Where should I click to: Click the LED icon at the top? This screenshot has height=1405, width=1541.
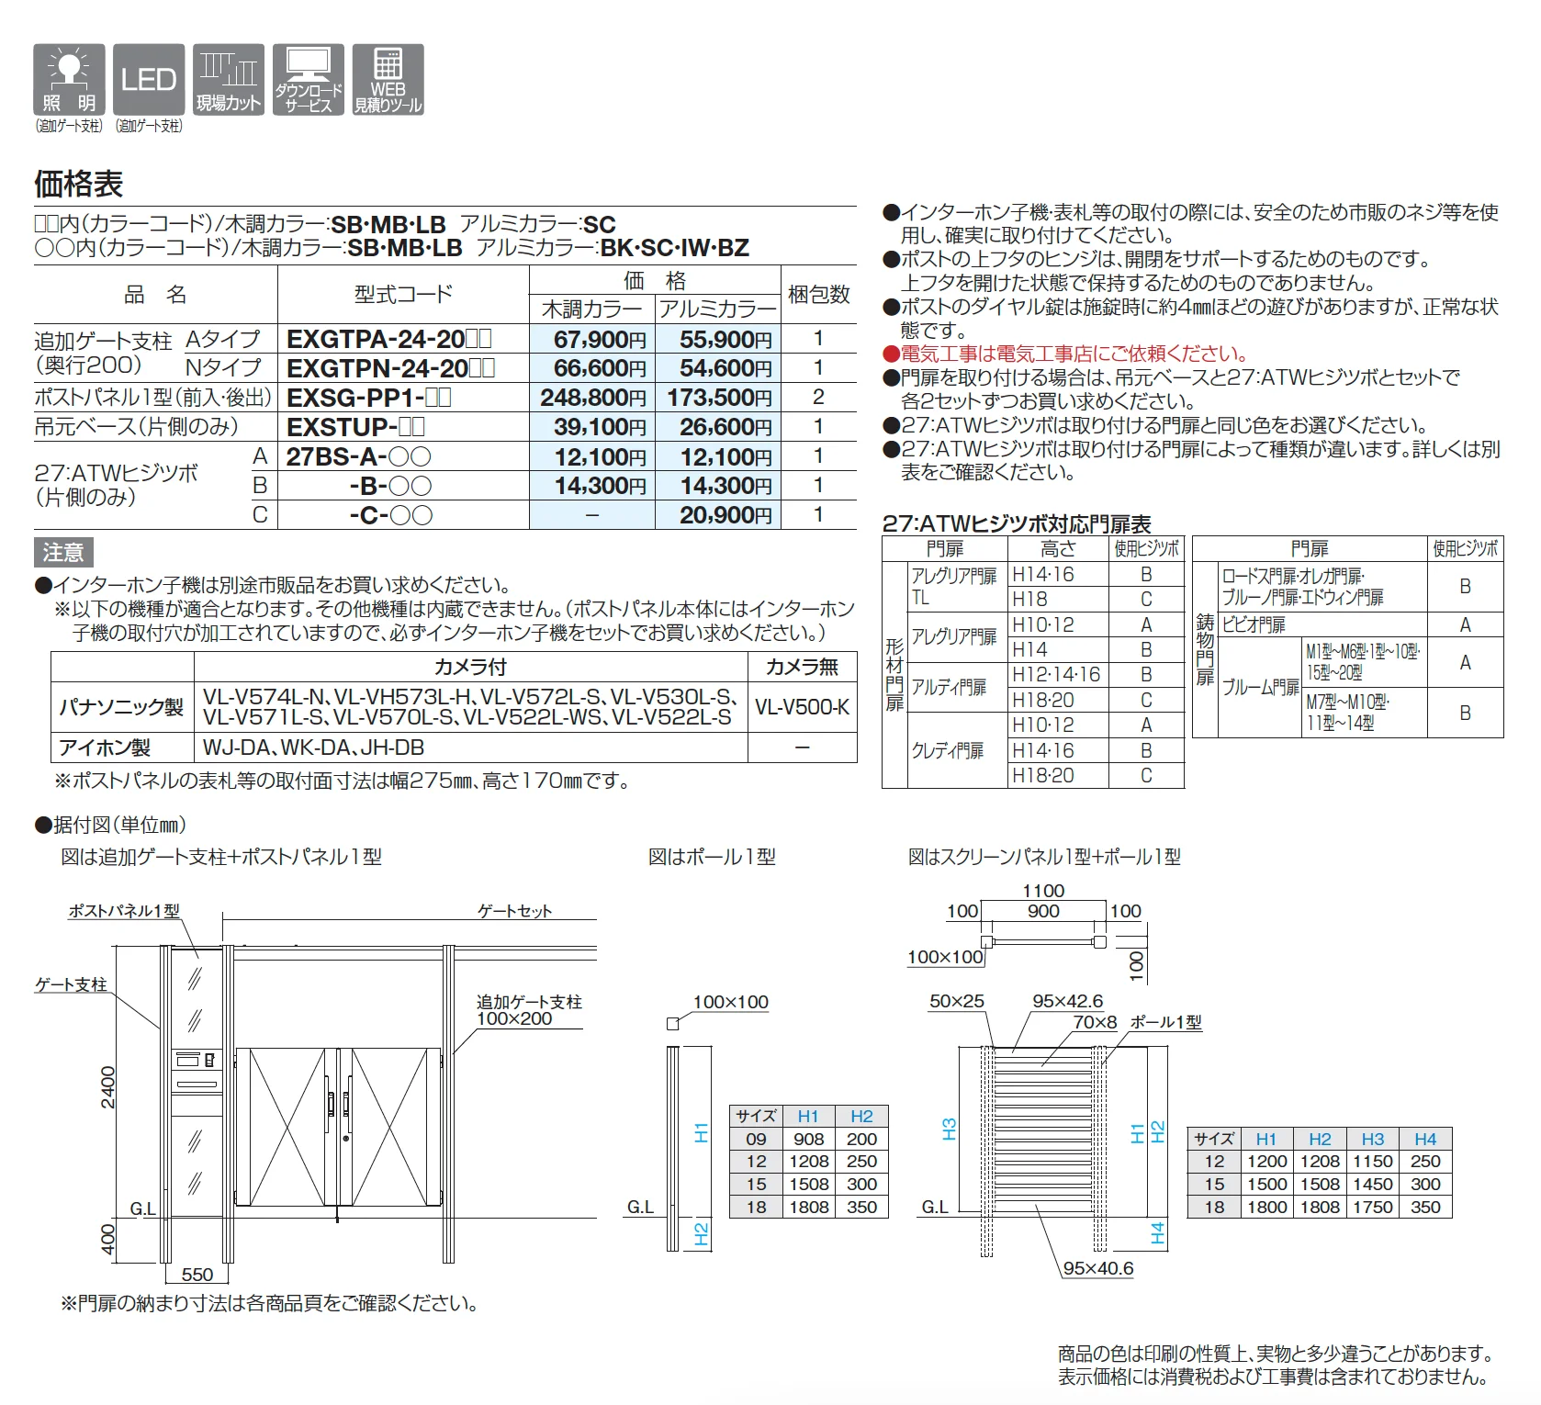tap(149, 80)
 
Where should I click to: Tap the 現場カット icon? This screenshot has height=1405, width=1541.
tap(229, 80)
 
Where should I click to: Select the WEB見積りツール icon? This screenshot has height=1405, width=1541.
tap(388, 80)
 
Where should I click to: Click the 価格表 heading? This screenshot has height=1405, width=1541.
tap(79, 184)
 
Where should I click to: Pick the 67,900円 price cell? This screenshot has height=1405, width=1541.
tap(599, 340)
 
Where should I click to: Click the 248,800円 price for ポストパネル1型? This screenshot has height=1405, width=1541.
tap(593, 398)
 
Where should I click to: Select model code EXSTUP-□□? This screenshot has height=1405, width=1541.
tap(355, 427)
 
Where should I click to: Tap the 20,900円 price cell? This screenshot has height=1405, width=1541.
tap(726, 515)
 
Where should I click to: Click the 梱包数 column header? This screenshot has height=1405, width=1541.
tap(819, 295)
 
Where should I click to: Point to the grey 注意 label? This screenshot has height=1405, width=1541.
tap(63, 553)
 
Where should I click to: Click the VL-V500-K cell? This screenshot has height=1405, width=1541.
tap(802, 707)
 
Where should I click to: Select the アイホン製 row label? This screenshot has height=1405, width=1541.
tap(105, 748)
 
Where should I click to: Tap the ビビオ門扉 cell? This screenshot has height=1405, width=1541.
tap(1254, 625)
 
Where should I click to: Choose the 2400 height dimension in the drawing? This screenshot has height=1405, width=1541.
tap(108, 1087)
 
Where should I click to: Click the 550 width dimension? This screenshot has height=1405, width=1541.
tap(197, 1275)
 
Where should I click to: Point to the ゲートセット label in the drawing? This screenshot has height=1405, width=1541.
tap(514, 911)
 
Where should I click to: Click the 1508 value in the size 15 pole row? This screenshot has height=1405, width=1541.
tap(808, 1185)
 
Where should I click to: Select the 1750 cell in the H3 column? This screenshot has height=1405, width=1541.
tap(1373, 1208)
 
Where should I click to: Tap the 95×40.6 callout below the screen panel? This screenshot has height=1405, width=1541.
tap(1097, 1268)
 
